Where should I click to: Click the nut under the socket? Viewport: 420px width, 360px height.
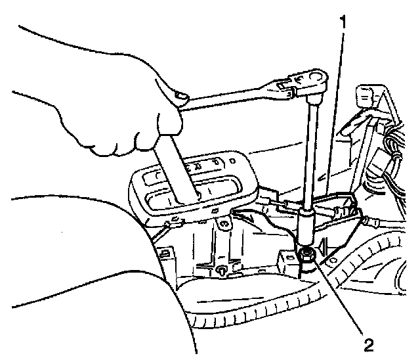tap(305, 254)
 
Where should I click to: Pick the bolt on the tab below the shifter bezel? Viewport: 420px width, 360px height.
tap(225, 224)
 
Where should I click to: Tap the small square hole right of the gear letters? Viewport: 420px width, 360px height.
tap(231, 160)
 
